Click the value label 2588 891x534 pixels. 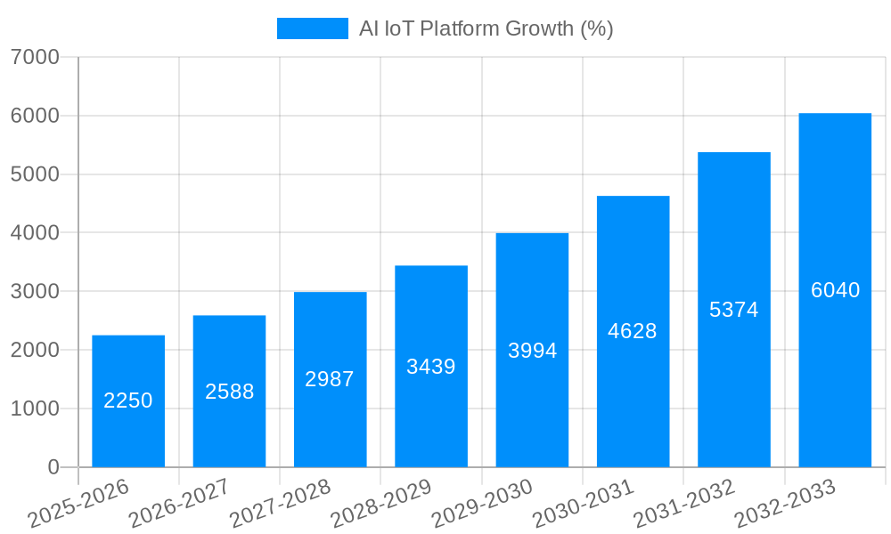229,392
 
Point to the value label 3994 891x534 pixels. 532,351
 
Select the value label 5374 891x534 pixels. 733,310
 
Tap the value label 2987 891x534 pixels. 330,379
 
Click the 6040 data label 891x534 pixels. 835,290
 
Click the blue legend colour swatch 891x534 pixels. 312,28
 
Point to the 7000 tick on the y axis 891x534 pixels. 35,57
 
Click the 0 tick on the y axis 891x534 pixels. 53,467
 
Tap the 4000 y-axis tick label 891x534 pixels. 35,233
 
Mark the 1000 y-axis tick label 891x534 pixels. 35,409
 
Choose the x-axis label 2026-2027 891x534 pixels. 179,504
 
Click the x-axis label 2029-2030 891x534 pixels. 482,504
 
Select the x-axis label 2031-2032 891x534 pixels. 683,504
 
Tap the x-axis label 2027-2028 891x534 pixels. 280,504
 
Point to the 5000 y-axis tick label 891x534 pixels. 35,174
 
